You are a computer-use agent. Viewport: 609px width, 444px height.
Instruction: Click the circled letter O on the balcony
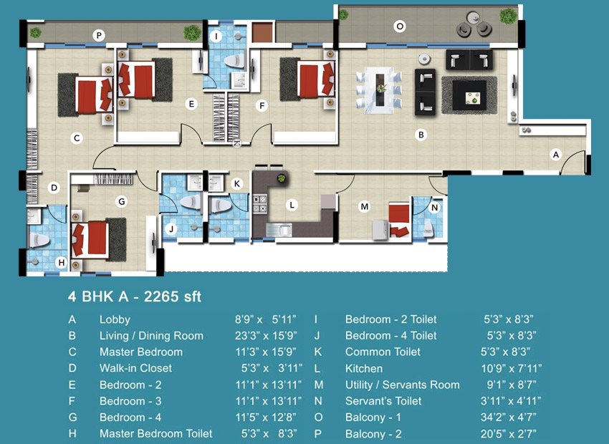click(399, 26)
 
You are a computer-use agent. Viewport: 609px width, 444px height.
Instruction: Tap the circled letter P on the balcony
click(99, 36)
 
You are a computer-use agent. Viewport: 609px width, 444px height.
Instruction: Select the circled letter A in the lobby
click(556, 155)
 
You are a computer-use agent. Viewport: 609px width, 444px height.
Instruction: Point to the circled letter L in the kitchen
click(292, 205)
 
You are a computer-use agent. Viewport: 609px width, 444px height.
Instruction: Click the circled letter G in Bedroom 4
click(122, 201)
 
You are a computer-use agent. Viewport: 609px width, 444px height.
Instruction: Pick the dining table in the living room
click(379, 90)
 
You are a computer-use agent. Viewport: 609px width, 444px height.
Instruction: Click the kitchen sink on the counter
click(279, 229)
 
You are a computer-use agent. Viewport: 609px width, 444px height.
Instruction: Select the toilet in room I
click(234, 62)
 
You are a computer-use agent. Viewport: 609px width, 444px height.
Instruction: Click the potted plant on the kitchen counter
click(281, 178)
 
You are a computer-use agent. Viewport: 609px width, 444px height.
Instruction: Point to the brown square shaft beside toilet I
click(263, 33)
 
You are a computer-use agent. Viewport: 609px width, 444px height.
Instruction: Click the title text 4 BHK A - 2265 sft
click(135, 297)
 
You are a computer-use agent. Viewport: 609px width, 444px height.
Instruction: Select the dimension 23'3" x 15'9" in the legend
click(266, 335)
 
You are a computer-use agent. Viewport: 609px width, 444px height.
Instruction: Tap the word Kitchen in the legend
click(364, 368)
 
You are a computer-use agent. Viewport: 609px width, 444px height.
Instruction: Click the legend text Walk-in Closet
click(135, 368)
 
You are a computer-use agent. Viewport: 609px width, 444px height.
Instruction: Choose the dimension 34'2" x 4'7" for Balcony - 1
click(509, 418)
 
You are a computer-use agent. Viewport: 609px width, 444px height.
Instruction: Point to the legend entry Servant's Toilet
click(383, 401)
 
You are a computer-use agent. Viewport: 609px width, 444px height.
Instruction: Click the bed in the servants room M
click(399, 219)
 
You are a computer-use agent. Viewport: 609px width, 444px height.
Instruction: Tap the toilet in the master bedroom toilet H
click(39, 240)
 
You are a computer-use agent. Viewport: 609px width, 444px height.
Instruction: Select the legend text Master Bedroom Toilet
click(155, 433)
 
